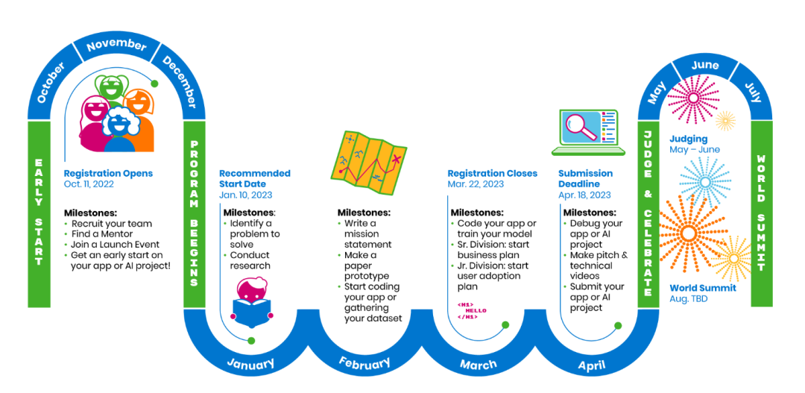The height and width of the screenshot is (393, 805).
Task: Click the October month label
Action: [51, 82]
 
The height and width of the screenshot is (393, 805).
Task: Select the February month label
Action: [364, 363]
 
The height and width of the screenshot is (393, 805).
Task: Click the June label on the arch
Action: [704, 65]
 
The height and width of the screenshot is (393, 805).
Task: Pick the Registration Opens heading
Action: [102, 173]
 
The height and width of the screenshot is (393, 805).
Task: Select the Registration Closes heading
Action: [492, 173]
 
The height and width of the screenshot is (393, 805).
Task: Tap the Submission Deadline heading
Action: [585, 178]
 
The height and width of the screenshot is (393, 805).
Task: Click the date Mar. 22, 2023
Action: [476, 184]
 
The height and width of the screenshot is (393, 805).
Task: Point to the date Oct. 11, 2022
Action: [90, 184]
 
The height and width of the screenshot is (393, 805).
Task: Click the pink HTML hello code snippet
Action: [471, 310]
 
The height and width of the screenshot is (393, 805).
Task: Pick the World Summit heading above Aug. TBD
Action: [702, 288]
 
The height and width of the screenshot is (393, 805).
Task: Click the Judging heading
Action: [688, 139]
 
